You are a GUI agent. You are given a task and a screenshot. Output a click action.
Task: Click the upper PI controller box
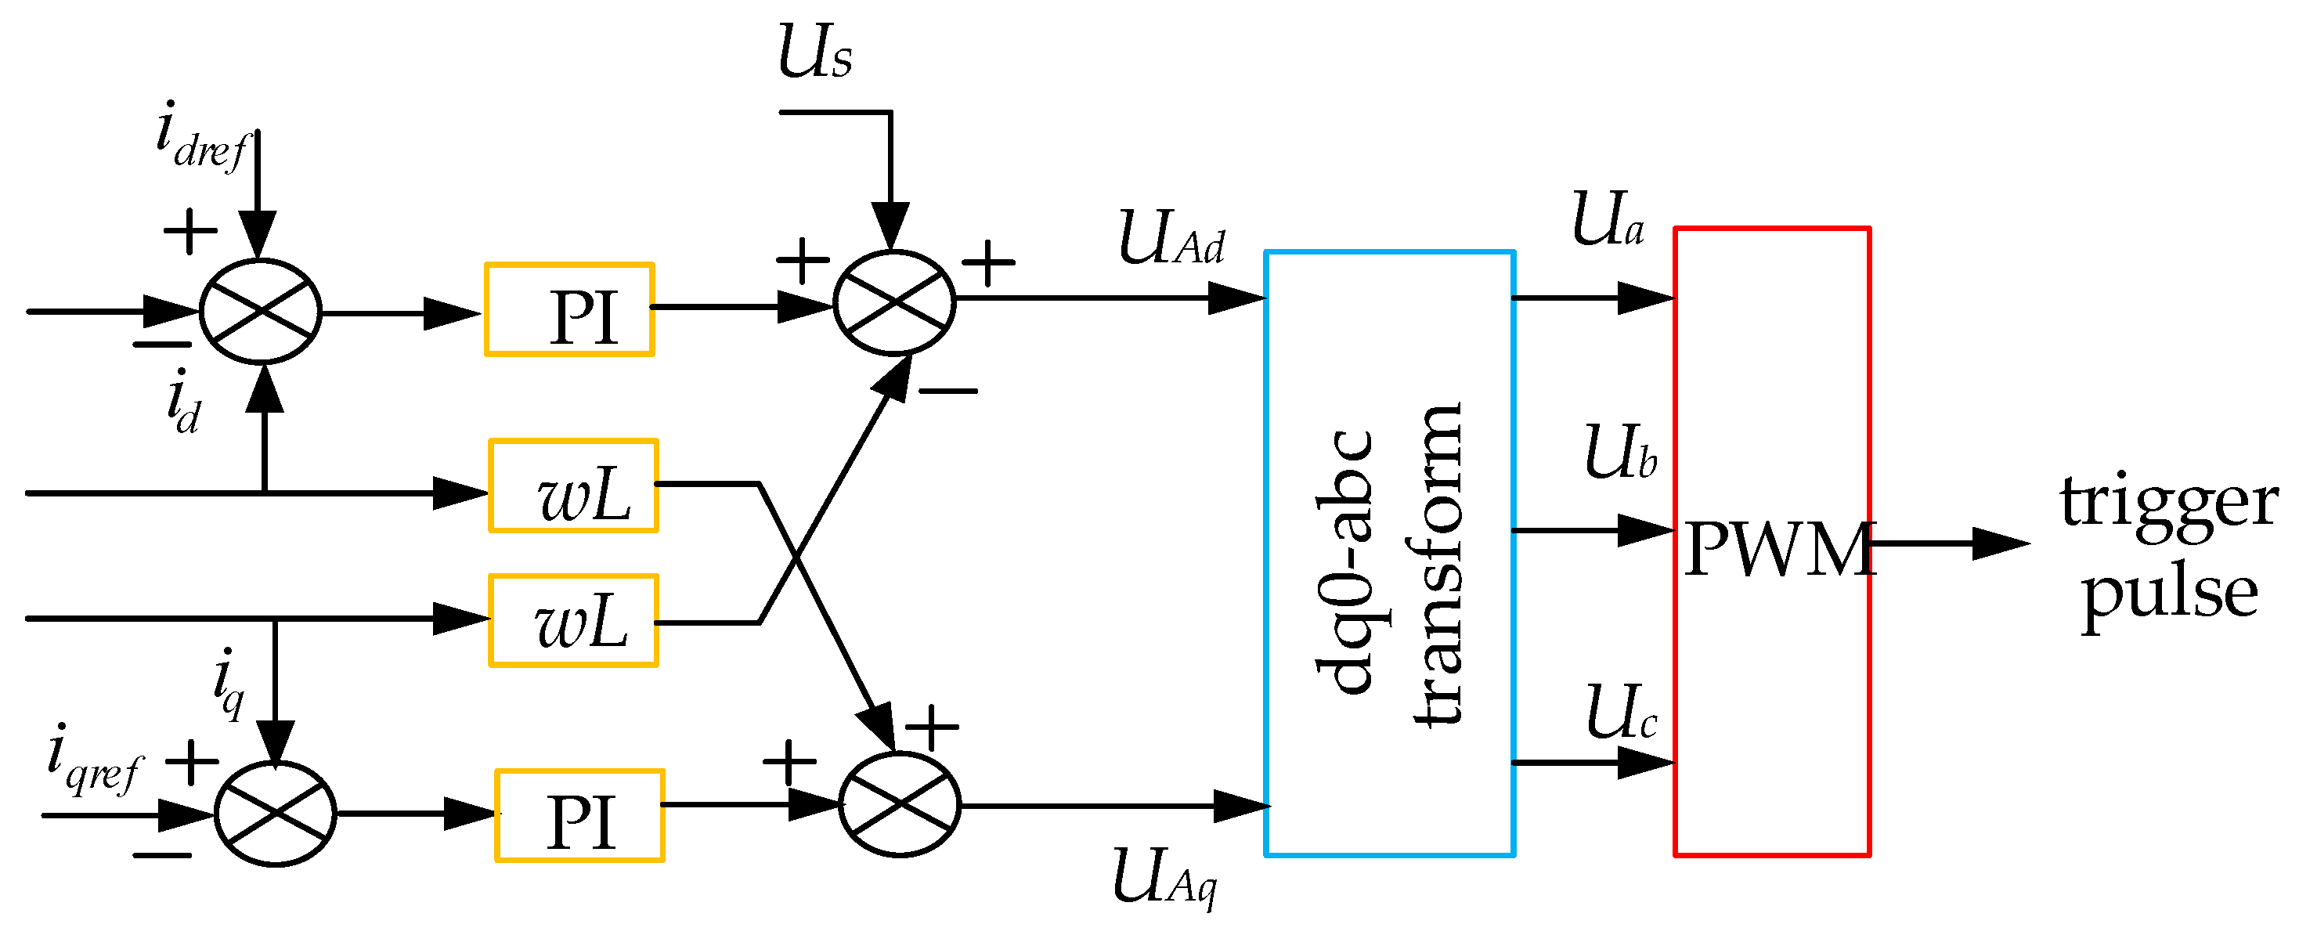click(x=569, y=309)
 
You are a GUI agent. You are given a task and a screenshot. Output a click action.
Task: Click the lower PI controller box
click(x=579, y=815)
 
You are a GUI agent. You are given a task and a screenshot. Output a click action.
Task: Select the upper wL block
click(x=573, y=486)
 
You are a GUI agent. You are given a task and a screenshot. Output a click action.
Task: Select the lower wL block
click(x=573, y=620)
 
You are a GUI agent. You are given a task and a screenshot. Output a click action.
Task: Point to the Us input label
click(x=814, y=52)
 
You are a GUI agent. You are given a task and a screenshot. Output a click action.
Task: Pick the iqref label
click(x=94, y=760)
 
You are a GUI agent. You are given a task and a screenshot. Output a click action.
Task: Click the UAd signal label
click(x=1171, y=239)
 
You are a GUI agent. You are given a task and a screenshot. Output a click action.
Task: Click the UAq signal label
click(x=1164, y=877)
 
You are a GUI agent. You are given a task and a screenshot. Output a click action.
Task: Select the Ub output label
click(x=1621, y=453)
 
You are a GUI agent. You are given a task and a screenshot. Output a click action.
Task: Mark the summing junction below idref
click(x=261, y=312)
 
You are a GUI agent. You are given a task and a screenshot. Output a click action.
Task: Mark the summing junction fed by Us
click(x=894, y=303)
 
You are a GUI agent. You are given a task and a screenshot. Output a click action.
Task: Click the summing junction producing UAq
click(x=900, y=805)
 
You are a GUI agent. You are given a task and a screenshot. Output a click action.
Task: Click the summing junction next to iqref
click(x=275, y=814)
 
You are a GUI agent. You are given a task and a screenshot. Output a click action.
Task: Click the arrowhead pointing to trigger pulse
click(x=1999, y=543)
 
